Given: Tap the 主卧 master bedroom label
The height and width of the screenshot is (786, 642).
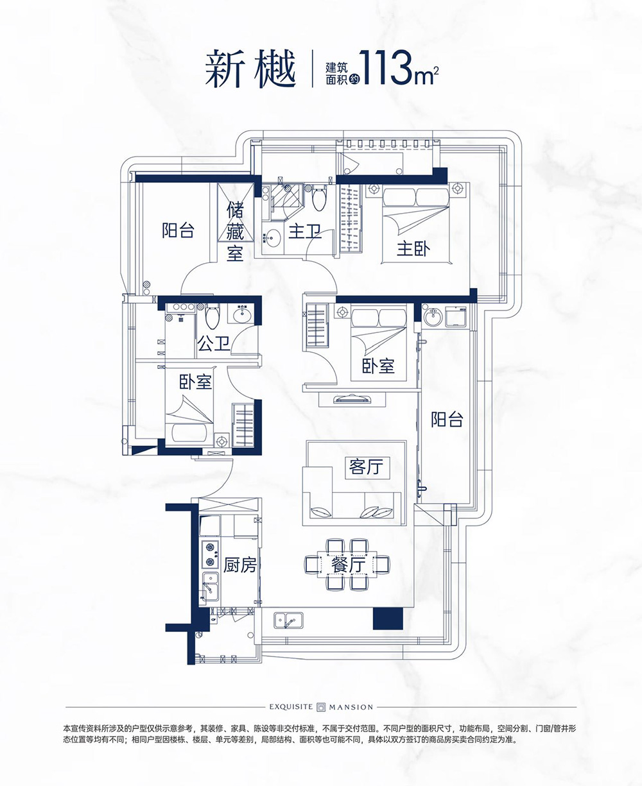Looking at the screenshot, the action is click(413, 249).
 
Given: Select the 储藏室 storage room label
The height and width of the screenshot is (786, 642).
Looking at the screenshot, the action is click(235, 232).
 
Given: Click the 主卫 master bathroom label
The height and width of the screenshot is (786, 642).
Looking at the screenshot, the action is click(305, 232).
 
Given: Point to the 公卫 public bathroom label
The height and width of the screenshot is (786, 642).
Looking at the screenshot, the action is click(214, 343).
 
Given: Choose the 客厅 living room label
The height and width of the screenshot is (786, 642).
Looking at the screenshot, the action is click(366, 466).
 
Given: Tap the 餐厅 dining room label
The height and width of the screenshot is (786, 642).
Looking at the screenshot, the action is click(348, 565).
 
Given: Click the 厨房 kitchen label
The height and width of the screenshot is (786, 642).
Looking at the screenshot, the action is click(239, 565).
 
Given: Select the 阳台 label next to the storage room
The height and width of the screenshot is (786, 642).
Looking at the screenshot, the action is click(178, 230).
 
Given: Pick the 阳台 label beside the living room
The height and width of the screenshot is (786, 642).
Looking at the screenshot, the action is click(447, 419).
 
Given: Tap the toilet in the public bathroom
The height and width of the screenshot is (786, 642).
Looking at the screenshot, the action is click(213, 316).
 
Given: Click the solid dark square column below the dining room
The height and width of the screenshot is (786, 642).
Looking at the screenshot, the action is click(388, 619).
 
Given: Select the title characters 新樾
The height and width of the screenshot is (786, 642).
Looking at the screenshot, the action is click(250, 69).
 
